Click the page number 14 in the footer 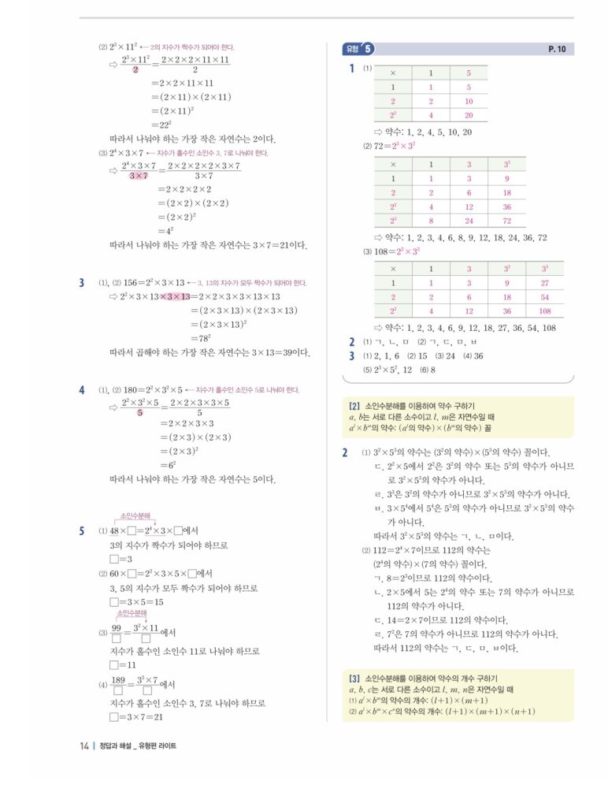pos(83,746)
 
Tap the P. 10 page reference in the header pos(557,49)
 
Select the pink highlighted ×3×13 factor pos(175,296)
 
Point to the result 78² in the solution pos(169,339)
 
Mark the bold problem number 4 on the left pos(82,390)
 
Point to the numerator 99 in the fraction pos(117,627)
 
